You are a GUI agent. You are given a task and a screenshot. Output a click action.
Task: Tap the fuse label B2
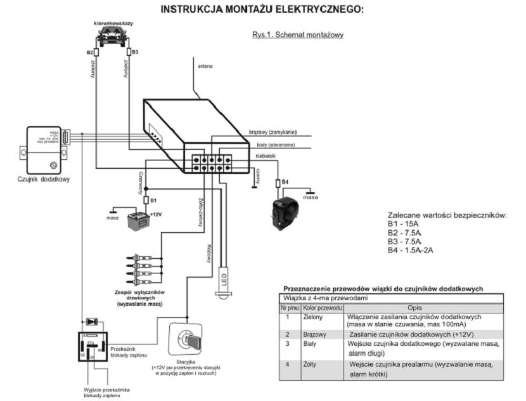click(89, 51)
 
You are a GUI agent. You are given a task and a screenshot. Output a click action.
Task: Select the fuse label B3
click(135, 51)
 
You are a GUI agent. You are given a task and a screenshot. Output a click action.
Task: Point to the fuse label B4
click(285, 183)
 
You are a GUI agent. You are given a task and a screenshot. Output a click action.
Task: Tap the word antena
click(205, 65)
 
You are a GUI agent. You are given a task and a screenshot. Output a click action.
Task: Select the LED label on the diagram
click(224, 278)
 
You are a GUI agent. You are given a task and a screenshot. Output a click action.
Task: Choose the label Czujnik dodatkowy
click(44, 179)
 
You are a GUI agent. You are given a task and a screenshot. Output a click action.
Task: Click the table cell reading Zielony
click(315, 317)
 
